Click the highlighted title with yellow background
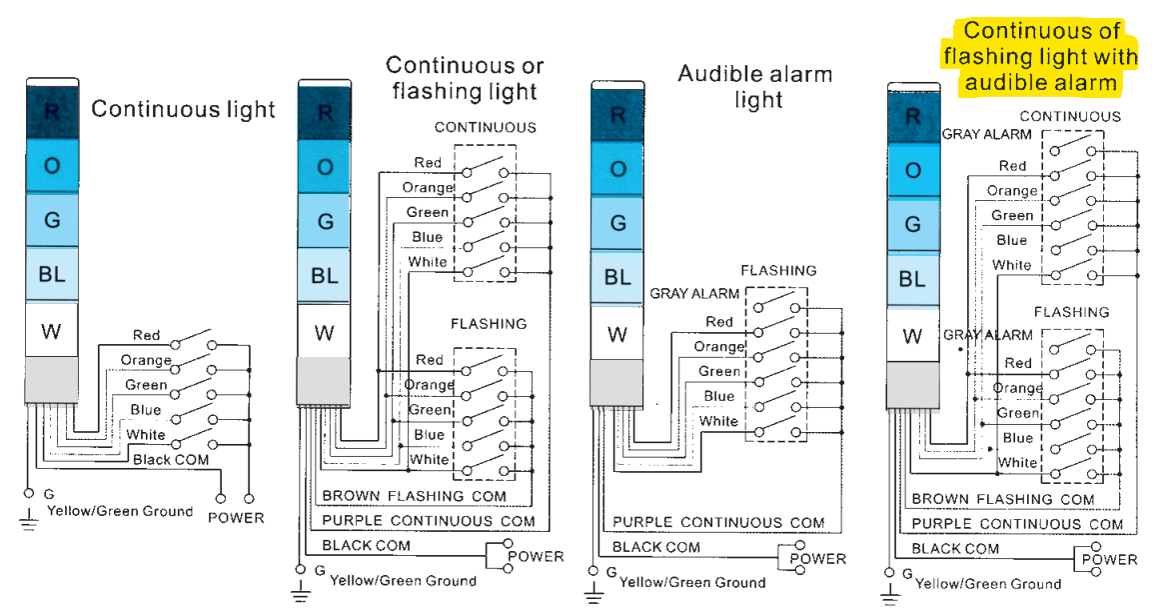1040,56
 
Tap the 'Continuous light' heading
183,110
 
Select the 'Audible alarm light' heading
755,87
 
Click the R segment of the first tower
52,112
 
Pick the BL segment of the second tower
324,275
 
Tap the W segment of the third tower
617,335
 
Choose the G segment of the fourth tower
913,224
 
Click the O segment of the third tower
617,169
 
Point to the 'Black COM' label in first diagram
171,460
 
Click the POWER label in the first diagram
236,518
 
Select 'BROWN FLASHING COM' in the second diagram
415,496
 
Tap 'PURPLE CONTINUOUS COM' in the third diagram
718,522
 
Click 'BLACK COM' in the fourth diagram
955,548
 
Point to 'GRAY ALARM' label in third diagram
694,294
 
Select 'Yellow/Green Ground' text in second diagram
404,581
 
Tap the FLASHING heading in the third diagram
779,271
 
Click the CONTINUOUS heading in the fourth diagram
1070,116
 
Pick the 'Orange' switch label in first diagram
146,360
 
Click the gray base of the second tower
324,381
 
